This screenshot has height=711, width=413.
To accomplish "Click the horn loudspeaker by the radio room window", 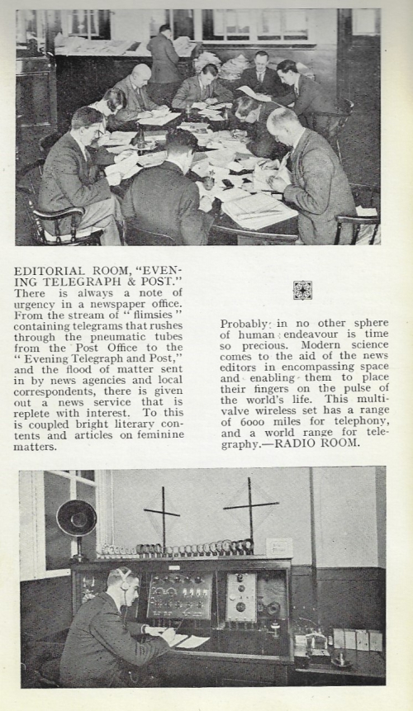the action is pyautogui.click(x=76, y=519).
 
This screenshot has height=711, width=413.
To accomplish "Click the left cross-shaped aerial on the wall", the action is pyautogui.click(x=163, y=513).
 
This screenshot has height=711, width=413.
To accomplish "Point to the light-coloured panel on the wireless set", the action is pyautogui.click(x=241, y=595).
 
